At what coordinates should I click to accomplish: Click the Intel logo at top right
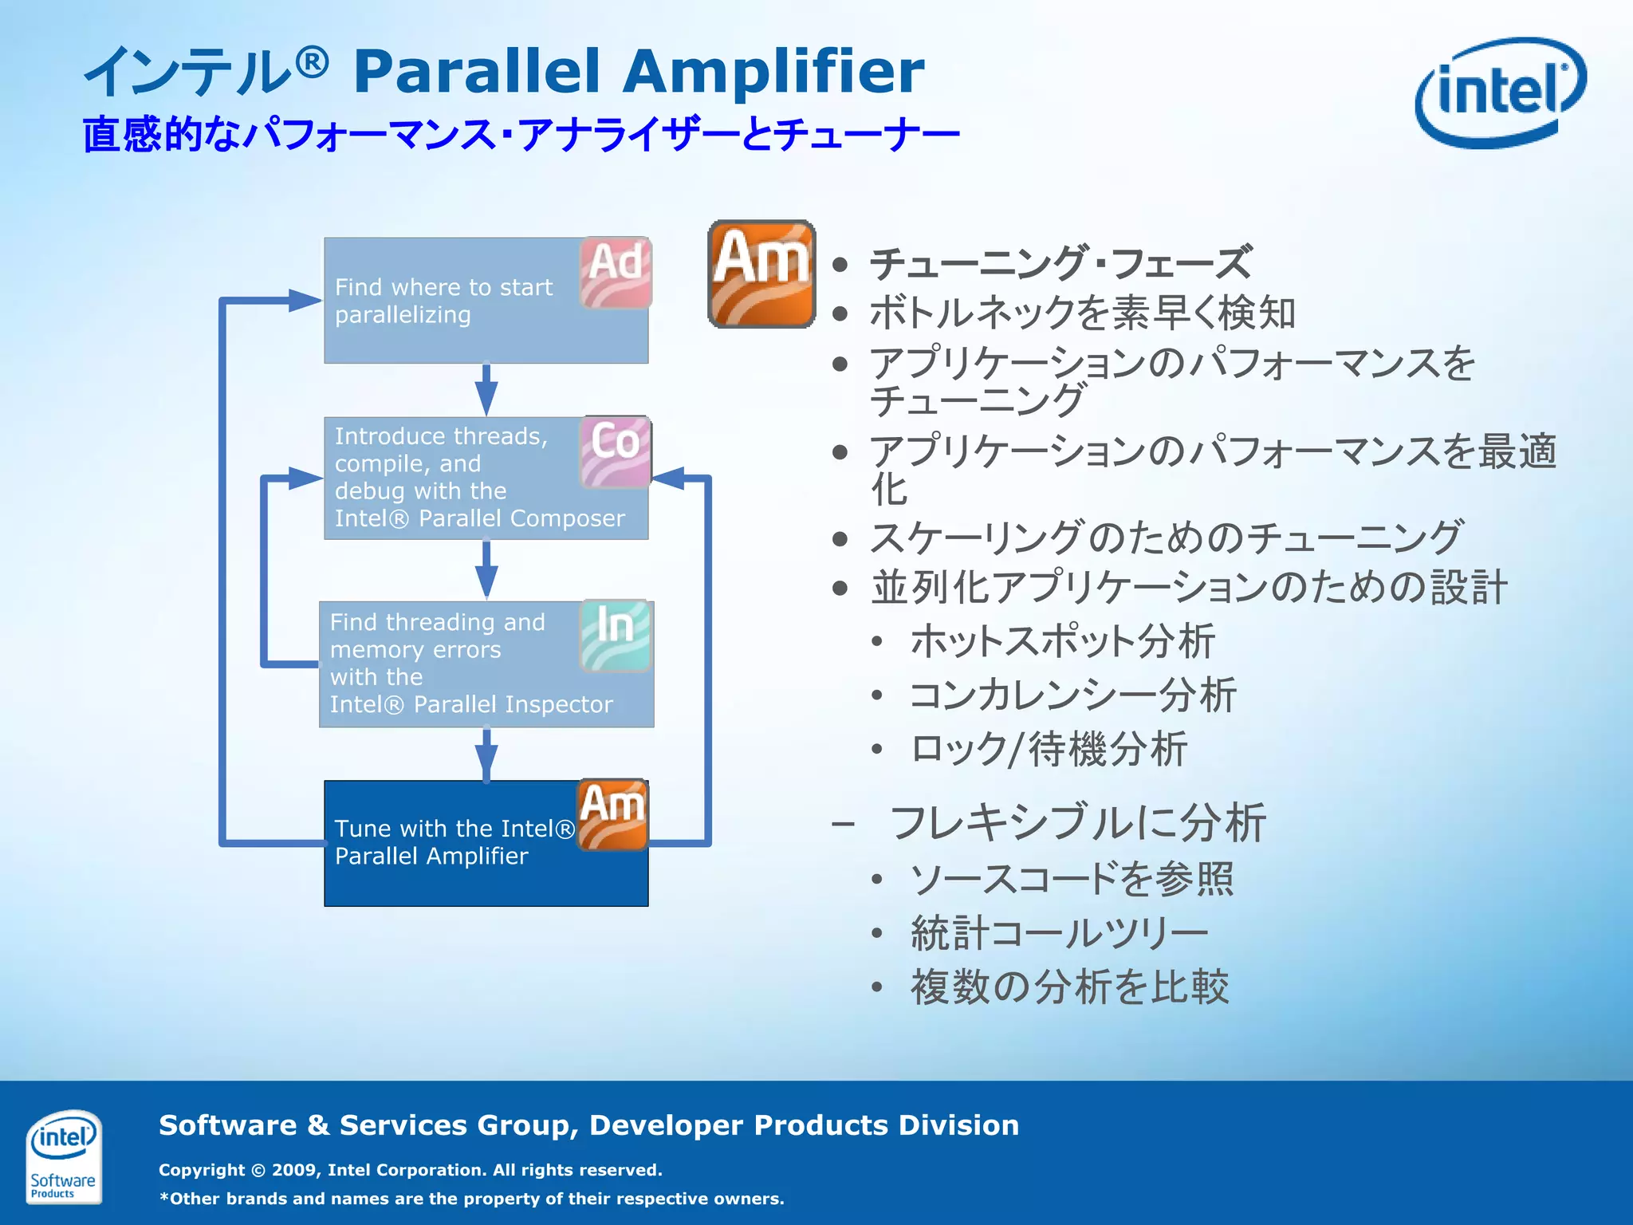[x=1499, y=92]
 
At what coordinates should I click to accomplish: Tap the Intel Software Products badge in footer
[x=63, y=1156]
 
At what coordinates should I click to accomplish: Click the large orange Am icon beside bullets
[x=761, y=274]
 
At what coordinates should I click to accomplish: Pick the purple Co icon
[x=615, y=451]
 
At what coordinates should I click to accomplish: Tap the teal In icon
[x=615, y=635]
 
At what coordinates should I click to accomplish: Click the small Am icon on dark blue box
[x=612, y=814]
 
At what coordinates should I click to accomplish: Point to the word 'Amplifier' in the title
[x=773, y=72]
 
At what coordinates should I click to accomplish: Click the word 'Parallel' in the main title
[x=477, y=72]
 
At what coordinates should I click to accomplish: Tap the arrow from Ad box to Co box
[x=486, y=390]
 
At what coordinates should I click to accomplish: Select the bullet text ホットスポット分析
[x=1062, y=641]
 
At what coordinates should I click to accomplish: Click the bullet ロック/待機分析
[x=1049, y=750]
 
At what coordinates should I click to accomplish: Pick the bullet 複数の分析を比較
[x=1069, y=987]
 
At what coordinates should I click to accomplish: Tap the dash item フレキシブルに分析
[x=1076, y=822]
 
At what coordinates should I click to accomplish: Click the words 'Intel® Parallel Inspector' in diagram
[x=470, y=704]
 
